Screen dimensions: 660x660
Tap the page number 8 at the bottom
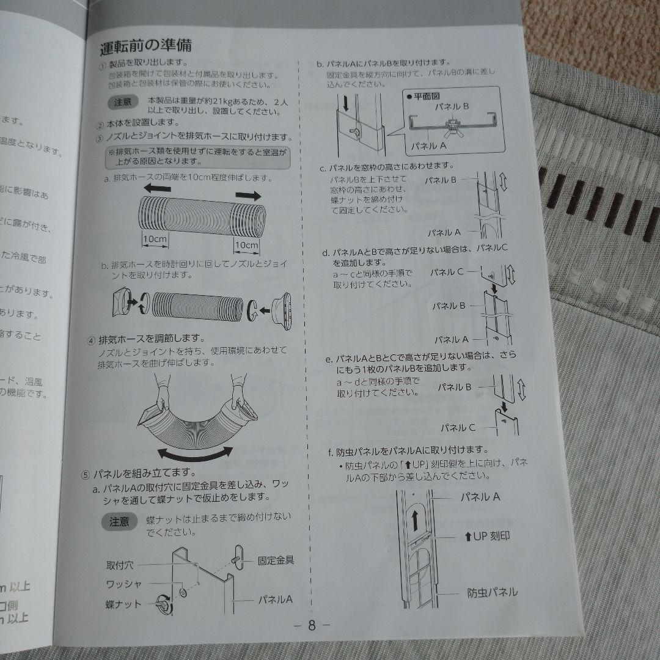[311, 625]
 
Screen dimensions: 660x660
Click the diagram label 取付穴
[122, 565]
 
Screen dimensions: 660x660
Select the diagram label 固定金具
[276, 560]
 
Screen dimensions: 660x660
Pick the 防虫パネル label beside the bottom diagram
[493, 592]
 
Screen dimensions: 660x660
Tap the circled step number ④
[90, 340]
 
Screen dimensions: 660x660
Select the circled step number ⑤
[86, 474]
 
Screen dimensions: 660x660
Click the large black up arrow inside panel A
[415, 521]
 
